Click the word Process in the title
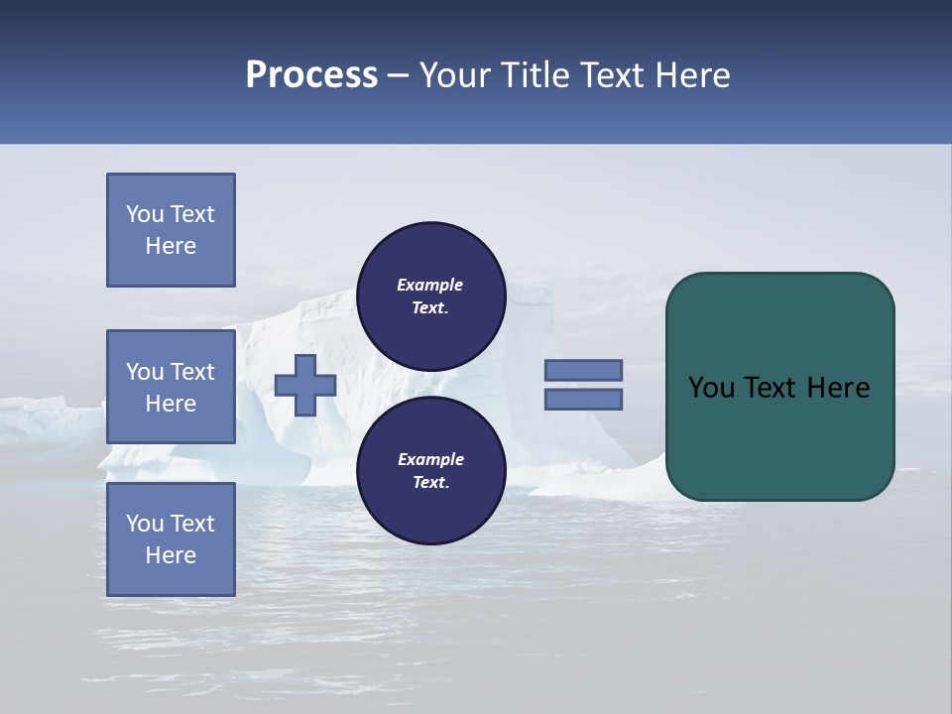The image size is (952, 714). (x=311, y=75)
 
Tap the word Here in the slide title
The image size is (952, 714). (x=691, y=75)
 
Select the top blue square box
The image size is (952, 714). (x=171, y=230)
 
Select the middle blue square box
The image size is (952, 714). (x=171, y=387)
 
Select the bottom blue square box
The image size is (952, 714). (x=171, y=538)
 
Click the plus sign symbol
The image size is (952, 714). (x=304, y=385)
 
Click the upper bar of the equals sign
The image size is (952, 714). (x=583, y=370)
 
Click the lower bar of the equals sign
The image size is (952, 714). (x=583, y=400)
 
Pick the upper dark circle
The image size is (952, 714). (x=430, y=297)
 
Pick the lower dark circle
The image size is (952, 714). (x=430, y=471)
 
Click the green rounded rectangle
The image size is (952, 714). (x=779, y=386)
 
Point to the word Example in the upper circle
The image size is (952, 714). (x=430, y=285)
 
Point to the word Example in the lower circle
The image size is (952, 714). (x=430, y=459)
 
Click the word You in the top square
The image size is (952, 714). (x=145, y=214)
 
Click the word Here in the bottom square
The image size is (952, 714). (x=171, y=555)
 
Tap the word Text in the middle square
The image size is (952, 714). (x=191, y=372)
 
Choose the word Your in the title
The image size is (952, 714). (x=452, y=75)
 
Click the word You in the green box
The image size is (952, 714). (x=711, y=388)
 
